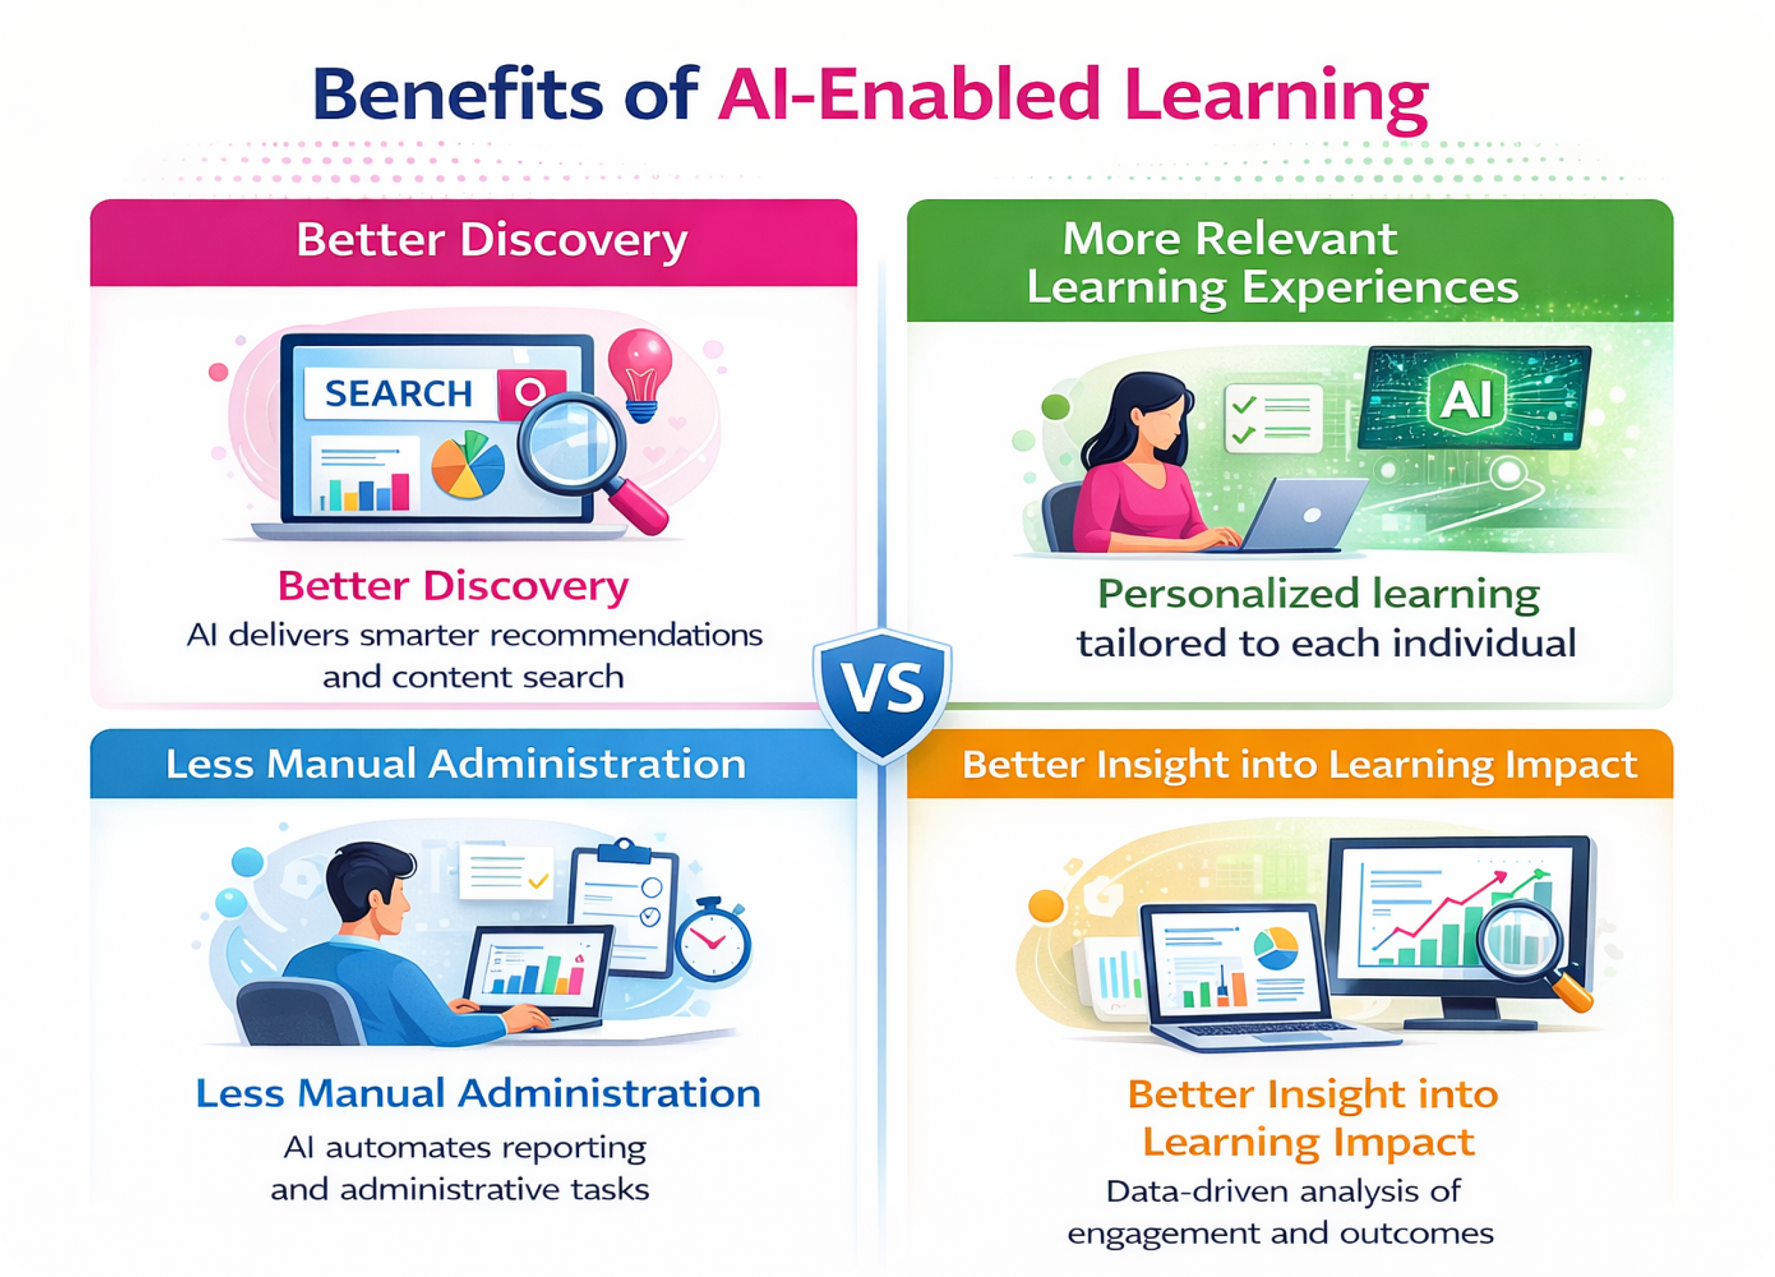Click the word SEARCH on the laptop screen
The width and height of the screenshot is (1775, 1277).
tap(399, 393)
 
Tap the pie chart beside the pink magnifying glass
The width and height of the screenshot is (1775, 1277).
tap(468, 464)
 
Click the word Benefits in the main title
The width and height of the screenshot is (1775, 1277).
tap(458, 95)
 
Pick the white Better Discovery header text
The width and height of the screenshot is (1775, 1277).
tap(492, 241)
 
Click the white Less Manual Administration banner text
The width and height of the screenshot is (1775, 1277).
tap(456, 764)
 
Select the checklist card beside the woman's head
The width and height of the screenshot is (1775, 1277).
tap(1273, 418)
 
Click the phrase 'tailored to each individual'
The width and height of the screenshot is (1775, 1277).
tap(1326, 644)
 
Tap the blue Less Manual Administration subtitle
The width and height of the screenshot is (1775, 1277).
tap(478, 1093)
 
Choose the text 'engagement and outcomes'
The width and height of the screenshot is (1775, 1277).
tap(1281, 1233)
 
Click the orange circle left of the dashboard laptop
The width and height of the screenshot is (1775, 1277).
tap(1046, 906)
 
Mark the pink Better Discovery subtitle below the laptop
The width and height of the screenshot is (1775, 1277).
tap(453, 586)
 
